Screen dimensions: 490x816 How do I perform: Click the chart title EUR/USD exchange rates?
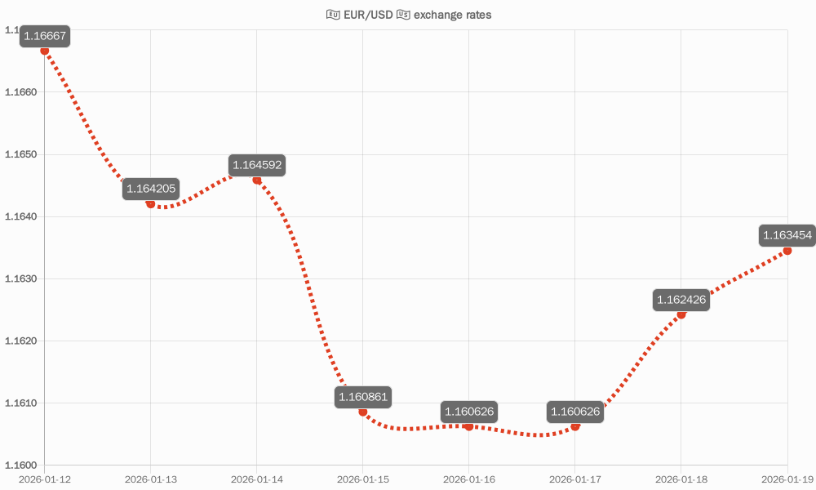pyautogui.click(x=408, y=15)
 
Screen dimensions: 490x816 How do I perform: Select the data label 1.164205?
pyautogui.click(x=151, y=189)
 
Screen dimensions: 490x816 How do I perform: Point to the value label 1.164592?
pyautogui.click(x=257, y=165)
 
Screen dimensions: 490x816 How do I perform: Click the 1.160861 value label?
pyautogui.click(x=363, y=398)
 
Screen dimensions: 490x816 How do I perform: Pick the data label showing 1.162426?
pyautogui.click(x=681, y=301)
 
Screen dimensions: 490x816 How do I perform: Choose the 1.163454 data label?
pyautogui.click(x=787, y=236)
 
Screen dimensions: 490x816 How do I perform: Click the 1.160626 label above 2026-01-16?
pyautogui.click(x=468, y=412)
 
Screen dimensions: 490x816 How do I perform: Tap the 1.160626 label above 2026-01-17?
pyautogui.click(x=575, y=412)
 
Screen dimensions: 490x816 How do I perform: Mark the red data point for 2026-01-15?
pyautogui.click(x=363, y=412)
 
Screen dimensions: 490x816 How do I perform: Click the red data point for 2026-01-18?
pyautogui.click(x=681, y=314)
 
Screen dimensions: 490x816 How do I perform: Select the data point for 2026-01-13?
pyautogui.click(x=151, y=203)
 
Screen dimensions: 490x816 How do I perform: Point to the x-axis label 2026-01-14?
pyautogui.click(x=257, y=479)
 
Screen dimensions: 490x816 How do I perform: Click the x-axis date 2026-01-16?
pyautogui.click(x=469, y=479)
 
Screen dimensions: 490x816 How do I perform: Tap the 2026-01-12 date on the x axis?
pyautogui.click(x=45, y=479)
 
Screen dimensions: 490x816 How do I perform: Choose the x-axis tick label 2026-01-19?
pyautogui.click(x=787, y=479)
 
